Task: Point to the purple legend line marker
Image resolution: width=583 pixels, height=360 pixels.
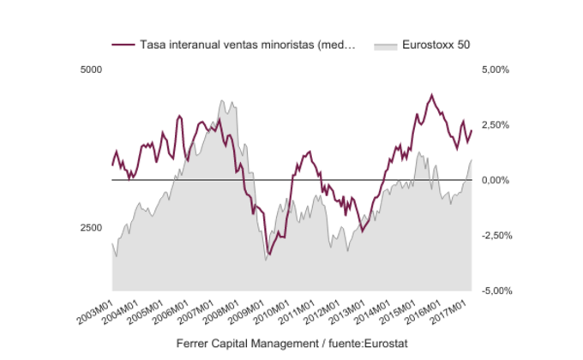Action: [x=123, y=45]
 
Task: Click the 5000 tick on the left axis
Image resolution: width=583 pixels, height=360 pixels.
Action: [x=90, y=69]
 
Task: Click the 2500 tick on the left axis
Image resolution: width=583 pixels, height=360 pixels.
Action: [x=90, y=228]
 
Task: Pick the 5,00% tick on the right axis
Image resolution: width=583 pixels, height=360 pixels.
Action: [x=496, y=69]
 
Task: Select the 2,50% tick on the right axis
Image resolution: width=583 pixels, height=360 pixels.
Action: [x=496, y=125]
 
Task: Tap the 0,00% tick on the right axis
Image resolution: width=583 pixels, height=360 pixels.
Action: [x=496, y=180]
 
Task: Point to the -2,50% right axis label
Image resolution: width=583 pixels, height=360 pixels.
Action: [x=496, y=236]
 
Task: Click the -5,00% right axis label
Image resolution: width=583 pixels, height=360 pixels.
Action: [x=496, y=291]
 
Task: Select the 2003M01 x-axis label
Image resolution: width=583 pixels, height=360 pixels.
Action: [x=97, y=310]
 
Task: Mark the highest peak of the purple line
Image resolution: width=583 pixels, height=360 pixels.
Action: [x=431, y=95]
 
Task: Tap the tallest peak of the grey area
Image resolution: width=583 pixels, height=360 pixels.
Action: [x=221, y=101]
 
